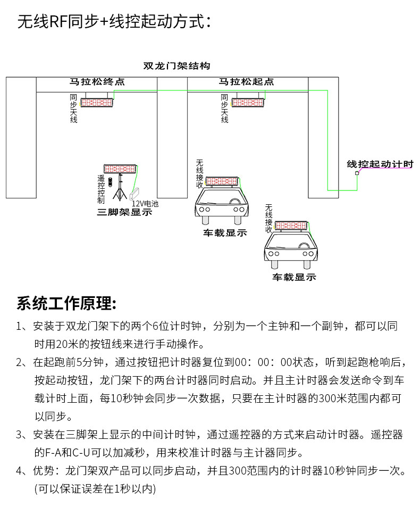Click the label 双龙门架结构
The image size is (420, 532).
click(x=177, y=66)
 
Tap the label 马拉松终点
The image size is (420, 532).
click(x=97, y=82)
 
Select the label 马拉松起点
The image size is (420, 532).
click(x=247, y=82)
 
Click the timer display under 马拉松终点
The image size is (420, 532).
click(x=97, y=102)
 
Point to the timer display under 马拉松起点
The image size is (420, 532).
click(x=248, y=102)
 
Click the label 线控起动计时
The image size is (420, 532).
click(x=380, y=164)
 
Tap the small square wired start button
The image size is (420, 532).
click(x=357, y=173)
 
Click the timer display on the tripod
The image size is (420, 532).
click(x=121, y=168)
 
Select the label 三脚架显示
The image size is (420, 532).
click(x=124, y=212)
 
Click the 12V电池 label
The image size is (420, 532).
click(x=145, y=204)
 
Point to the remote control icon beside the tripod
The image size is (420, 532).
click(x=110, y=182)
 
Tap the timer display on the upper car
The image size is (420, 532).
click(x=222, y=181)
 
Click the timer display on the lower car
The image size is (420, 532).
click(x=291, y=225)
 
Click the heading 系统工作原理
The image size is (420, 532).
click(x=66, y=304)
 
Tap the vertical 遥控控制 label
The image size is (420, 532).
click(x=101, y=189)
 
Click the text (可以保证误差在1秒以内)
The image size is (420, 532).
click(x=95, y=487)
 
